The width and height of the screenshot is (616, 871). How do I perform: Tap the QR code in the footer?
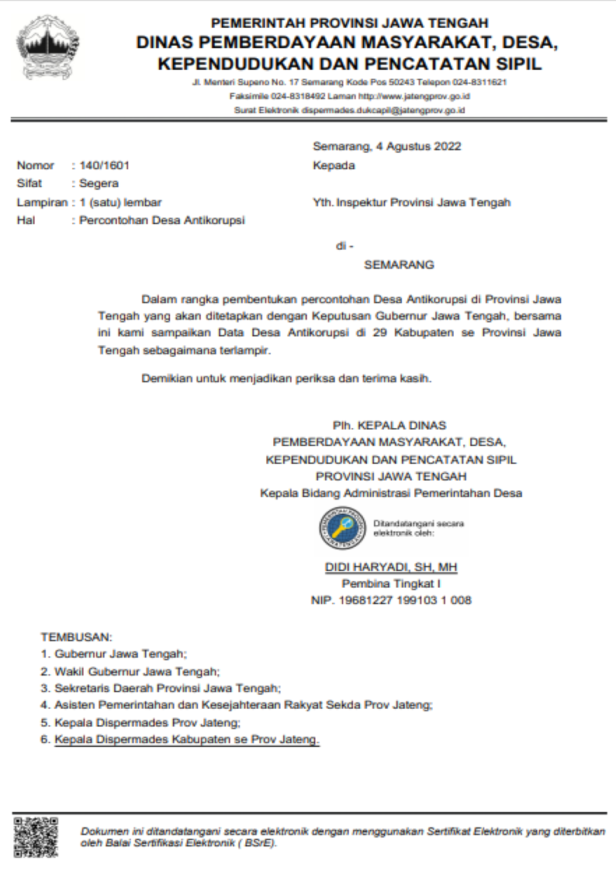(36, 837)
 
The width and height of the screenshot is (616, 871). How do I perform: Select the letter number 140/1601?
(106, 165)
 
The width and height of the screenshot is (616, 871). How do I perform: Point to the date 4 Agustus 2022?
(417, 146)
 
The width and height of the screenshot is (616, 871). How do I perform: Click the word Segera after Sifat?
(99, 184)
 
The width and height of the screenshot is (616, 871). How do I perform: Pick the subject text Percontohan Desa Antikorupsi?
(162, 220)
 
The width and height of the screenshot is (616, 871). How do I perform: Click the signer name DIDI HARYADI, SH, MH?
(391, 568)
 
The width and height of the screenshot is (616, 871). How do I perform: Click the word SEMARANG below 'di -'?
(399, 264)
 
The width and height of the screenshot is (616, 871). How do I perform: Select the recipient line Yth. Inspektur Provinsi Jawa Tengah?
(411, 202)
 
